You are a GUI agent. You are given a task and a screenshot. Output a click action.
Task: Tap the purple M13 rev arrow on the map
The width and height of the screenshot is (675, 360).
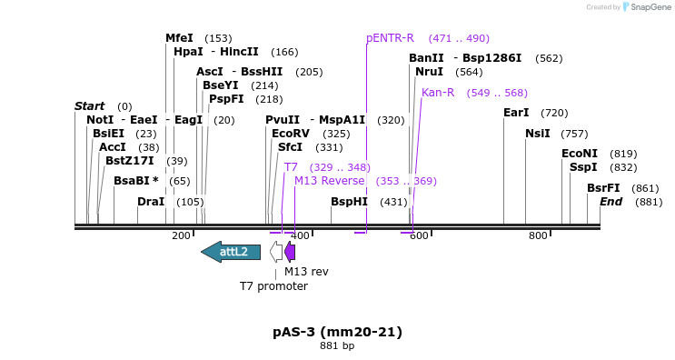(290, 252)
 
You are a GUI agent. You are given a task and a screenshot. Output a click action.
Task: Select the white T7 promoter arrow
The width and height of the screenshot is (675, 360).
(276, 252)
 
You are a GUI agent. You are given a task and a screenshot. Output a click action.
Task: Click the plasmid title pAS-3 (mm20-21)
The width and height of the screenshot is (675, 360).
(337, 332)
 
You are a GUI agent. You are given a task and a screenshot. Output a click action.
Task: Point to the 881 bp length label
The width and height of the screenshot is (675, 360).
(337, 346)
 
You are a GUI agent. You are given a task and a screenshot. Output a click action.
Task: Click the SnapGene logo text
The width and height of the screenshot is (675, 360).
(651, 7)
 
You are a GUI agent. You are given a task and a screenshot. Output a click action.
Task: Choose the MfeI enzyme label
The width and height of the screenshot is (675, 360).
(179, 38)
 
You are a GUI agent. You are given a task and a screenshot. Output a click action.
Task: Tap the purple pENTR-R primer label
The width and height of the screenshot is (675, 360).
(390, 38)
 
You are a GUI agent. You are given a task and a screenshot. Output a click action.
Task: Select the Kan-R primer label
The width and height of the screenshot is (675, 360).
(438, 93)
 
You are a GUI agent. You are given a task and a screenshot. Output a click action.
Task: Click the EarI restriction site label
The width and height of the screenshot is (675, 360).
(516, 113)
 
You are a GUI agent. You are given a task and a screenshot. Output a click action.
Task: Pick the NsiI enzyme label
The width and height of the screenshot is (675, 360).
(537, 134)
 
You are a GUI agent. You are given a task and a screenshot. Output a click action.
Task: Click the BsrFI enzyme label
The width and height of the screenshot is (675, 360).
(603, 188)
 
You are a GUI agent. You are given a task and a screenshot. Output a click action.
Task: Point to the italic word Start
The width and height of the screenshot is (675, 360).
(90, 106)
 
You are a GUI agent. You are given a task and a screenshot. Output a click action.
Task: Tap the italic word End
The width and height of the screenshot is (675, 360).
(610, 202)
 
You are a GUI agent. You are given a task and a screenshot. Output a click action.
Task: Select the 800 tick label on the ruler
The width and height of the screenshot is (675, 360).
(538, 235)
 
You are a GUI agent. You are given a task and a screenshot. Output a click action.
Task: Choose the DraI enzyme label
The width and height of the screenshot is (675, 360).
(151, 202)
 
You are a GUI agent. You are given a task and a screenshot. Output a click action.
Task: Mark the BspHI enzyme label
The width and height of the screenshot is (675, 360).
(349, 202)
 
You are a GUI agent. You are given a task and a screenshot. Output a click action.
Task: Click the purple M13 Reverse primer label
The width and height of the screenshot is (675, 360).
(329, 181)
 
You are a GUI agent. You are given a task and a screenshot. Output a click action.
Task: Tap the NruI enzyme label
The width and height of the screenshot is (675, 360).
(429, 72)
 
